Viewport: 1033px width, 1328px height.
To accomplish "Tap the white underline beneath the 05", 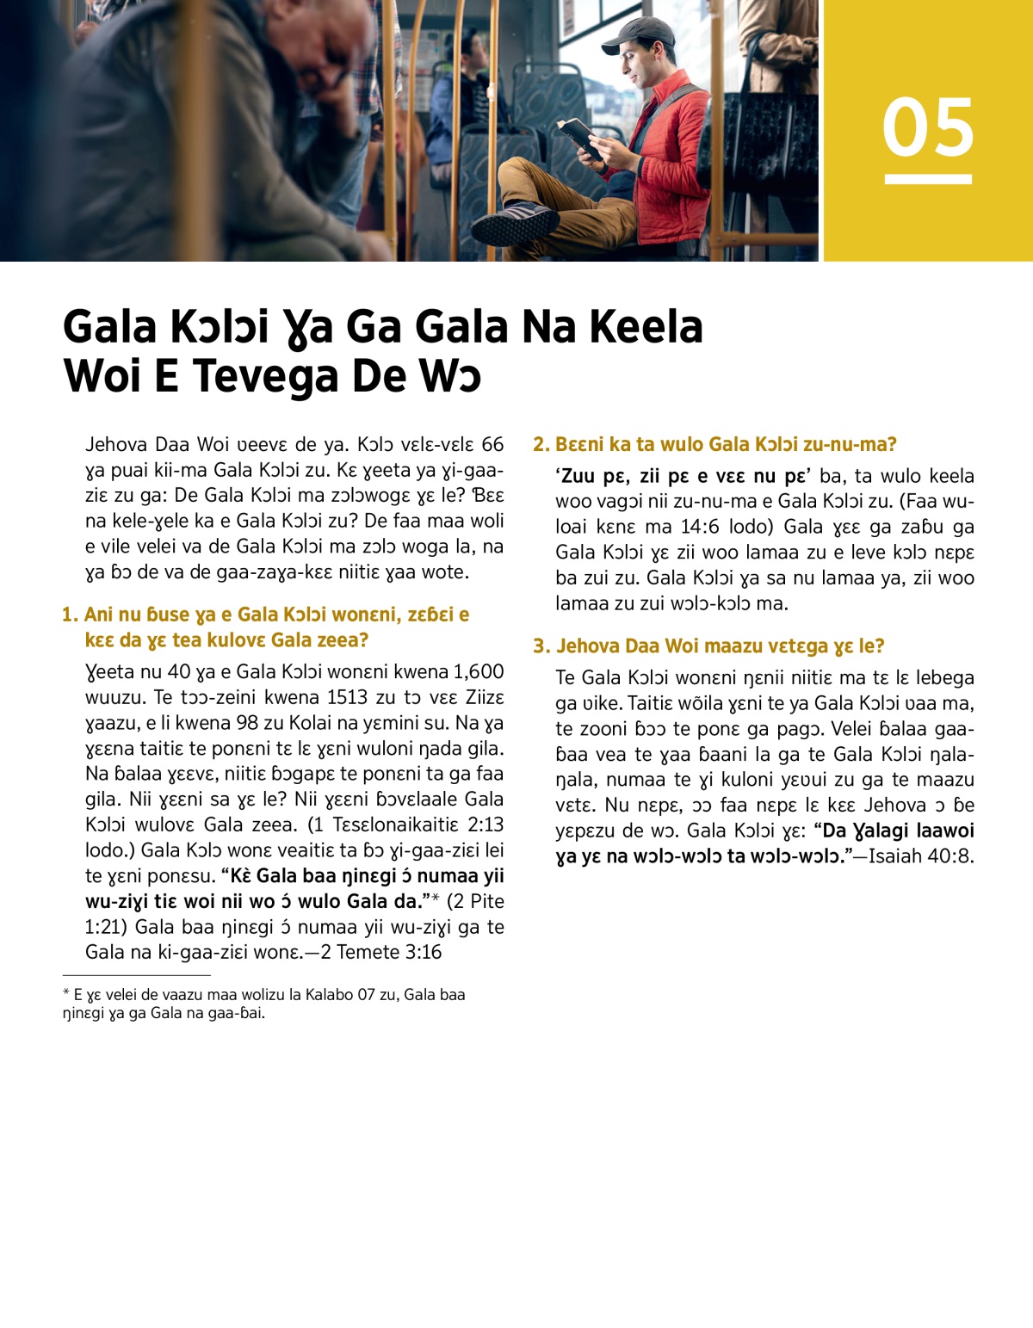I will pos(927,179).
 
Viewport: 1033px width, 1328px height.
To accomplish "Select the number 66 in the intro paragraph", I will pos(492,444).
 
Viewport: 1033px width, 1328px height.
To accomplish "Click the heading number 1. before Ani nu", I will pos(70,615).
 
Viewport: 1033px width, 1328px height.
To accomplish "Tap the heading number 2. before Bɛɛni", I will pos(541,444).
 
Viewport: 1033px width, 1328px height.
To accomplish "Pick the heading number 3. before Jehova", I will pos(541,646).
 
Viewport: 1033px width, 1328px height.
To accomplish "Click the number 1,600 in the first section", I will pos(479,671).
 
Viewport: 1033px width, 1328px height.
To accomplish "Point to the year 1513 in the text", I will pos(354,697).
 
